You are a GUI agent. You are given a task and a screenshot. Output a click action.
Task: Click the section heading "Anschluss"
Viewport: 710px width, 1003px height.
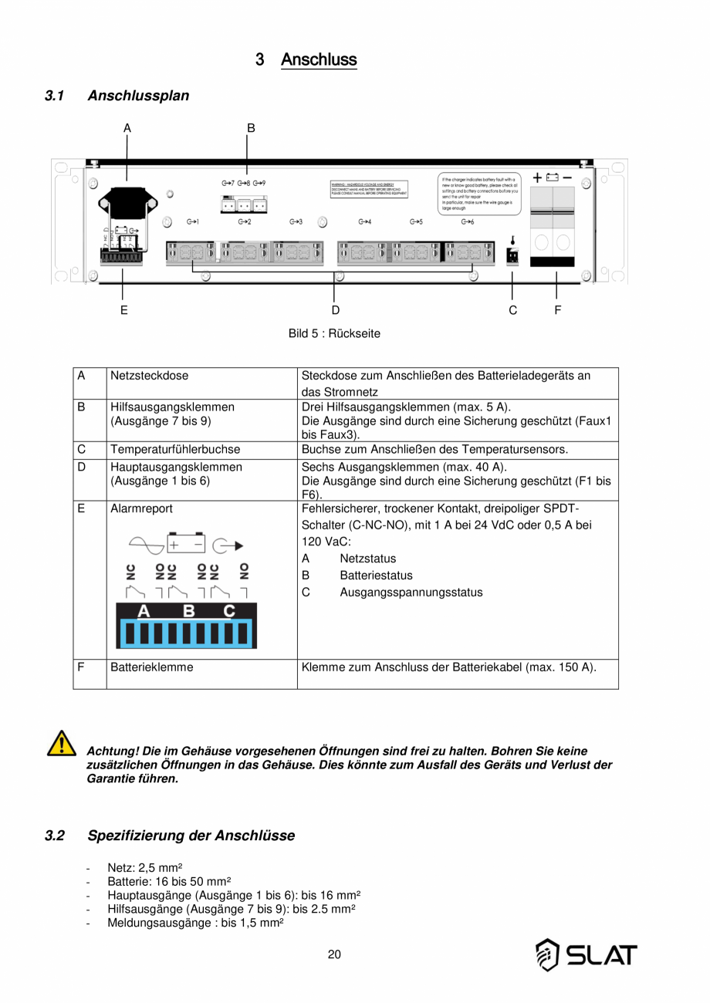(x=319, y=59)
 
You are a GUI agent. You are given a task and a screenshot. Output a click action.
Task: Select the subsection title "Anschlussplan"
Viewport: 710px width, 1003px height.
(x=138, y=96)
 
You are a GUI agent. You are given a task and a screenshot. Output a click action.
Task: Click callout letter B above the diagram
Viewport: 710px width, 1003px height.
(x=251, y=128)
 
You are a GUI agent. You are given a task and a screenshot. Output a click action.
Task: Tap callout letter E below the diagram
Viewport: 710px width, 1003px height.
(x=123, y=310)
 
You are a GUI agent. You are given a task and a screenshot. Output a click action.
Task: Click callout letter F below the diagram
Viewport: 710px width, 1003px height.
(x=557, y=310)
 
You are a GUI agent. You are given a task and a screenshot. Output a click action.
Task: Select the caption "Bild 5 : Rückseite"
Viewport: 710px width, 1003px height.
(x=334, y=334)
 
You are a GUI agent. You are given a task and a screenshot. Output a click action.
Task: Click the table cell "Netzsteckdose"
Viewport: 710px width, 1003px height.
(x=149, y=377)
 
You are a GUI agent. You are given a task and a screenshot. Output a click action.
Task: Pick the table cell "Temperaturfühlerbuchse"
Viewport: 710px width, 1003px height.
(x=175, y=450)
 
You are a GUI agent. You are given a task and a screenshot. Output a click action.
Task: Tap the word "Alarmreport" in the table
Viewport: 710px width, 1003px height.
(x=141, y=509)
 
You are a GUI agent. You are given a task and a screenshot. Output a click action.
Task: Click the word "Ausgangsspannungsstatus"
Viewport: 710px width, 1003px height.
(x=411, y=593)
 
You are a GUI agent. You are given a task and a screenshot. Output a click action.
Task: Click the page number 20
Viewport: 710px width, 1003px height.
(x=334, y=954)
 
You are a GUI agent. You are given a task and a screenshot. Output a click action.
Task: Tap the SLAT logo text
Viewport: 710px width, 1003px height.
(x=602, y=954)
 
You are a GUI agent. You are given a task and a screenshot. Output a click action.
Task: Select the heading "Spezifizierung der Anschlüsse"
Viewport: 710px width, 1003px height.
(x=191, y=836)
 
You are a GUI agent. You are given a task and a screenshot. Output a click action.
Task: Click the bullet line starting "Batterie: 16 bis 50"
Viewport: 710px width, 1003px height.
(x=169, y=881)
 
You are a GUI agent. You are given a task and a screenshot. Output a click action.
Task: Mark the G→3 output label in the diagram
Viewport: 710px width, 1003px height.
(x=296, y=222)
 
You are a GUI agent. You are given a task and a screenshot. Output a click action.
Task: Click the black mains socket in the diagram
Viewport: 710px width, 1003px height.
(x=123, y=205)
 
